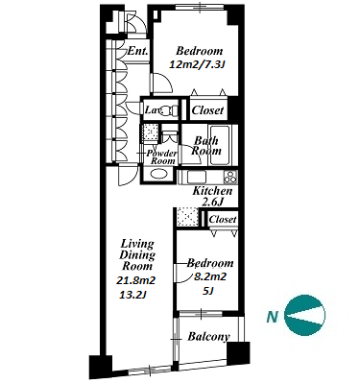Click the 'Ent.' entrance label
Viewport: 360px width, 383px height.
[x=138, y=51]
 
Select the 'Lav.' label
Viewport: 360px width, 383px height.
[x=152, y=110]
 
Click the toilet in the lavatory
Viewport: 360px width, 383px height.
[x=169, y=110]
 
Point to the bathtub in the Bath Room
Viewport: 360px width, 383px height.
[x=219, y=145]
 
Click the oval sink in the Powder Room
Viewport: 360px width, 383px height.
[x=159, y=175]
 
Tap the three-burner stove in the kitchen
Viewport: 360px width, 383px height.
[x=230, y=177]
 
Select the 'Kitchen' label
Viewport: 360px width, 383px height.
[x=212, y=191]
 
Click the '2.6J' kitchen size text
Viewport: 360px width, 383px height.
[x=212, y=202]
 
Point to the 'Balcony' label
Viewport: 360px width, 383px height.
[x=208, y=337]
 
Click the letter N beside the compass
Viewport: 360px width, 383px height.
[x=272, y=317]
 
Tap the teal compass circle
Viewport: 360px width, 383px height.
[x=304, y=315]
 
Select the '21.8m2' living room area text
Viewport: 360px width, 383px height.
[x=135, y=281]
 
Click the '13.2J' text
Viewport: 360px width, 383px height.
[x=132, y=295]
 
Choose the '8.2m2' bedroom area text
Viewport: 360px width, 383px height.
[x=210, y=276]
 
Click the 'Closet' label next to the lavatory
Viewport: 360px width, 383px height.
[x=207, y=110]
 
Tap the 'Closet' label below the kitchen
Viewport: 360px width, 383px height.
[x=223, y=220]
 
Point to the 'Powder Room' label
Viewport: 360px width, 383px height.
[x=162, y=157]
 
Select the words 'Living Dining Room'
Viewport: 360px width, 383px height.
[x=137, y=255]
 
